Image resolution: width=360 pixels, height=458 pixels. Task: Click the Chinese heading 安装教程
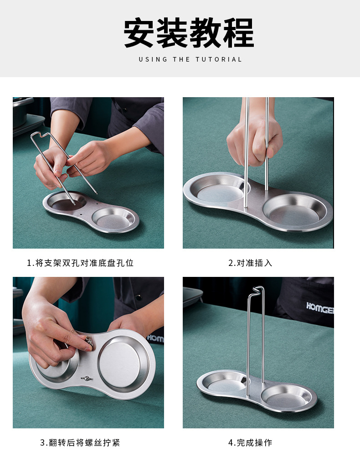tap(189, 33)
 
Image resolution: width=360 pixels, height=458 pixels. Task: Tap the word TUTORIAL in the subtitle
tap(219, 59)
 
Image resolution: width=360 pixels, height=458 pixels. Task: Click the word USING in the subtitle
tap(153, 59)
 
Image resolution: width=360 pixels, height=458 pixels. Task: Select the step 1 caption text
tap(80, 263)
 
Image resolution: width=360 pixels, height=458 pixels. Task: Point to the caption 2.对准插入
tap(250, 263)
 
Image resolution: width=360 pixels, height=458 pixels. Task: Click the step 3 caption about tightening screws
tap(80, 442)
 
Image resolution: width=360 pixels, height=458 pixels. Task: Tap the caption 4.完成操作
tap(250, 442)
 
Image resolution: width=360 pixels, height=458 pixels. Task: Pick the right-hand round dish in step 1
tap(114, 219)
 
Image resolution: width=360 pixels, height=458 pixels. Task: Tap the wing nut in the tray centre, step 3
tap(86, 379)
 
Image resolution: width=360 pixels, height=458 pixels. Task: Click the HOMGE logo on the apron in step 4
tap(320, 307)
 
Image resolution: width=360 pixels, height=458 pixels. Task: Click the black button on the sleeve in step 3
tap(139, 297)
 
